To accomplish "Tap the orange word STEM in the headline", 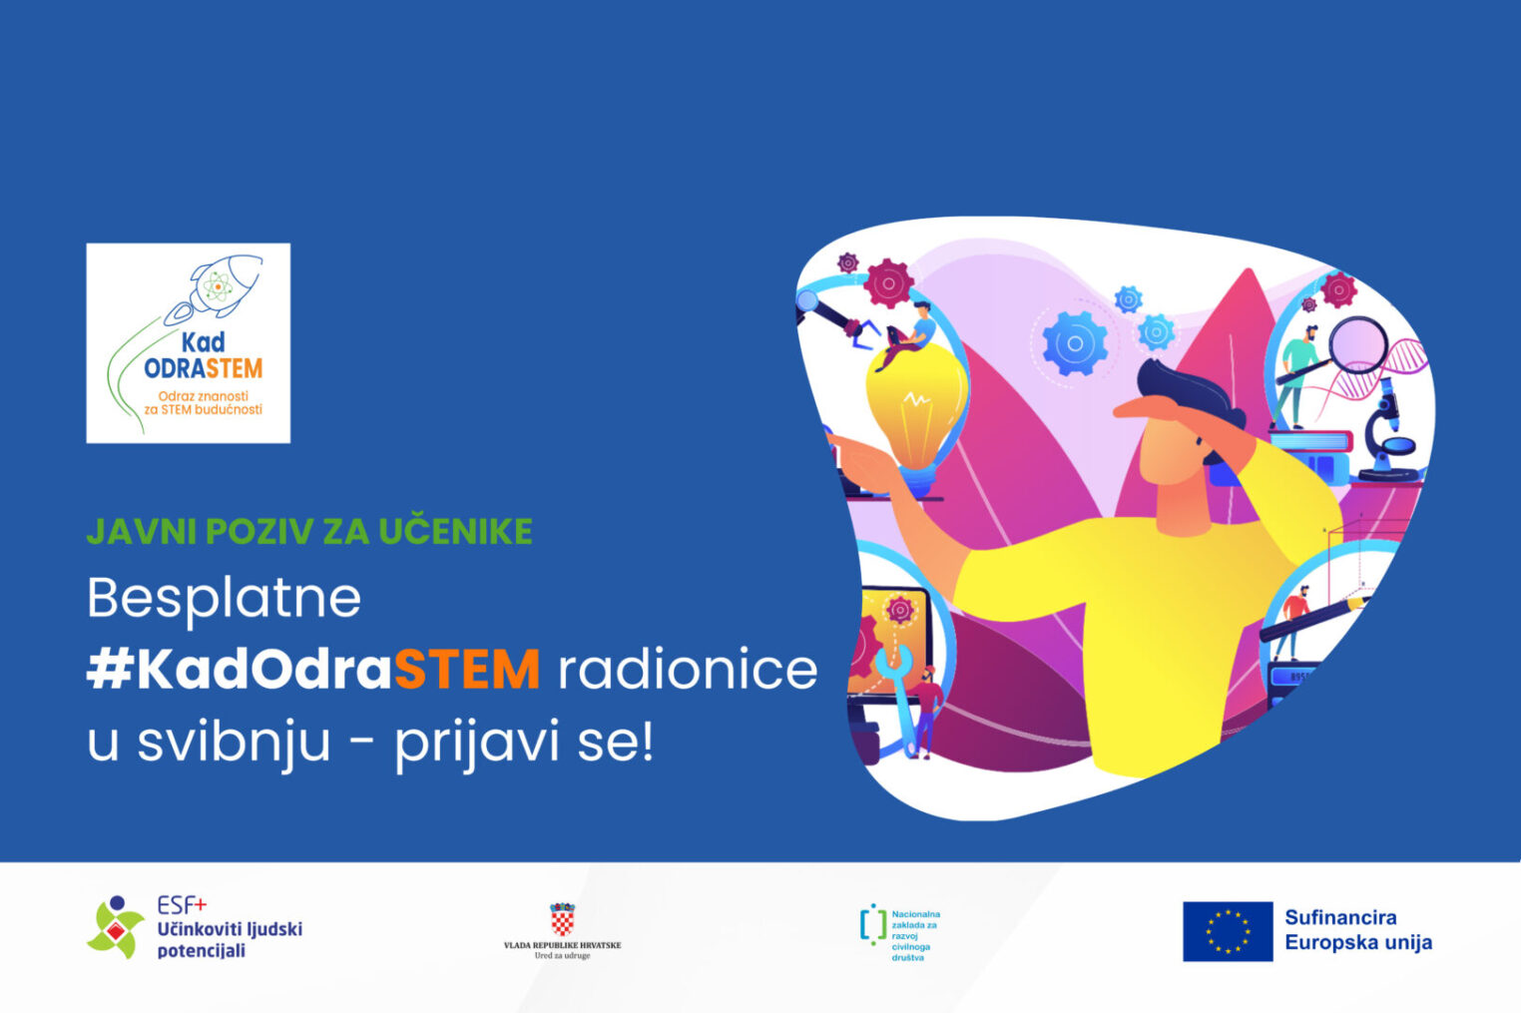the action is [x=467, y=670].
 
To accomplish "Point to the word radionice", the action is [x=688, y=670].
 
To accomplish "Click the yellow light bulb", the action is [x=916, y=414].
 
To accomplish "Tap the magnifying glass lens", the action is [x=1358, y=345].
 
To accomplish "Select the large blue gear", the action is [x=1075, y=343].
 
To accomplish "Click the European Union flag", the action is [x=1228, y=931].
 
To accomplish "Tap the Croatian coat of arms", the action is [x=562, y=918].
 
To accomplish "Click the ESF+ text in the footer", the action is [x=182, y=905].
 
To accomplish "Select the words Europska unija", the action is [x=1358, y=943].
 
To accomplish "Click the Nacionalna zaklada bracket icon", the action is [x=873, y=924].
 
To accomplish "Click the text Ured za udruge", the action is [x=562, y=956].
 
